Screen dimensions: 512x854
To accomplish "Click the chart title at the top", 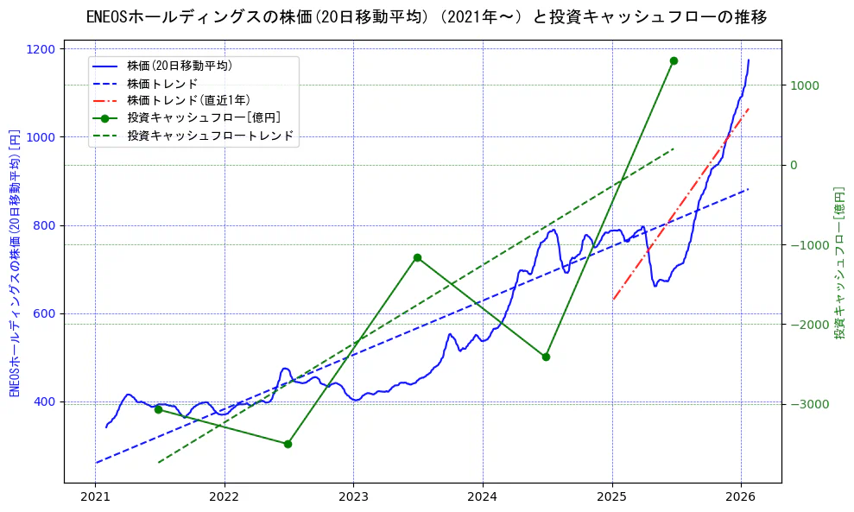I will (427, 17).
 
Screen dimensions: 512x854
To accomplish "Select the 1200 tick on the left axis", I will (42, 49).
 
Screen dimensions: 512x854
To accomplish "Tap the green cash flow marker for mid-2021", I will (158, 409).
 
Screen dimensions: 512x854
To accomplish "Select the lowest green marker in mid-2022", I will (288, 444).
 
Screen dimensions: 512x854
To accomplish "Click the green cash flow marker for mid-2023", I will (417, 257).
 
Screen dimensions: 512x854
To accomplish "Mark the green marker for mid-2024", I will (546, 357).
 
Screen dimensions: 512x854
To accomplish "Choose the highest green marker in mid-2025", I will (674, 60).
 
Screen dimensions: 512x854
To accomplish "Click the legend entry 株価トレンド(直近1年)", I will (188, 100).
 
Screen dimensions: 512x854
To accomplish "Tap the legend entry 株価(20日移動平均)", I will (179, 66).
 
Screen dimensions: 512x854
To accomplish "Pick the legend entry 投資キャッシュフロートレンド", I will (210, 136).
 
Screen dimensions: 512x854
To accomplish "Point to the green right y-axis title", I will (838, 262).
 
